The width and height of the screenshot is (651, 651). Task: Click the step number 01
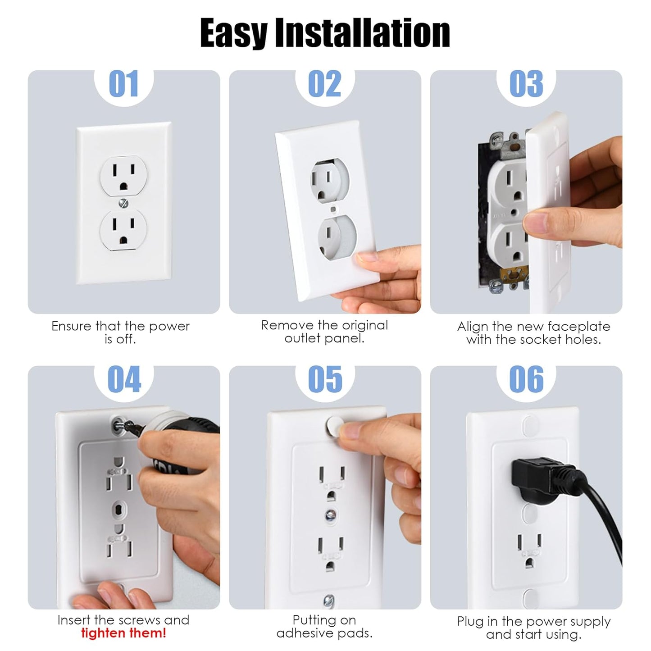(123, 84)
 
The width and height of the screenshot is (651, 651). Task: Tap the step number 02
(324, 84)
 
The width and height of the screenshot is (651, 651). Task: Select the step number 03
(526, 84)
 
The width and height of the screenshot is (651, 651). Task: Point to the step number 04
(124, 379)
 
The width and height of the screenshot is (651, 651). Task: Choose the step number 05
(325, 379)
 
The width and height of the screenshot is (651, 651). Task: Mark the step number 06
(526, 379)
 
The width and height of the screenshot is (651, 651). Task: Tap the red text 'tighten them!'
(123, 633)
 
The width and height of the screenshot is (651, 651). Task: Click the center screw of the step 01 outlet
(123, 204)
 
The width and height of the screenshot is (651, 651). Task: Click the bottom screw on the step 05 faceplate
(329, 600)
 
